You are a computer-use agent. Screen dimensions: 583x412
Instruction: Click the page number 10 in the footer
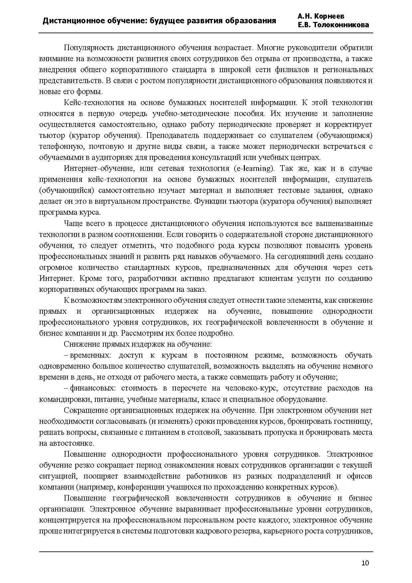365,563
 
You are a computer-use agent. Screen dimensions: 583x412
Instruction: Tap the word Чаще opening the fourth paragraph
73,223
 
